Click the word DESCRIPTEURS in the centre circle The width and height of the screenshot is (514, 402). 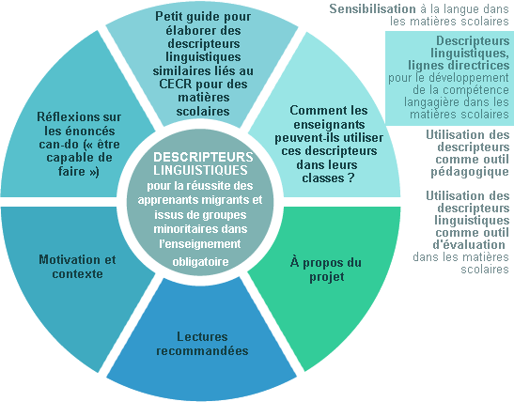pos(203,157)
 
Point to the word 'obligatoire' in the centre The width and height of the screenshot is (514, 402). pos(200,262)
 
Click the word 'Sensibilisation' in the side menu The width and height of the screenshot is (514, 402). pos(372,8)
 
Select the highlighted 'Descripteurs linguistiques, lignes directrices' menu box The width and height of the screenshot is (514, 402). pos(450,78)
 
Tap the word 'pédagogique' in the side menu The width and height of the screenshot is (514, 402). pos(470,172)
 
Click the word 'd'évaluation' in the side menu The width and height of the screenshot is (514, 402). pos(469,245)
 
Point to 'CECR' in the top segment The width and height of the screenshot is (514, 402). pos(176,84)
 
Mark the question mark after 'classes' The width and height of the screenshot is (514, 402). pos(351,178)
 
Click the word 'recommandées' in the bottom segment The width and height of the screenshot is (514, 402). pos(202,350)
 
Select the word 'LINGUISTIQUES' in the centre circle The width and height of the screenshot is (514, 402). pos(200,170)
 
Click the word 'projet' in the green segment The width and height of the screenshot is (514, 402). pos(327,277)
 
